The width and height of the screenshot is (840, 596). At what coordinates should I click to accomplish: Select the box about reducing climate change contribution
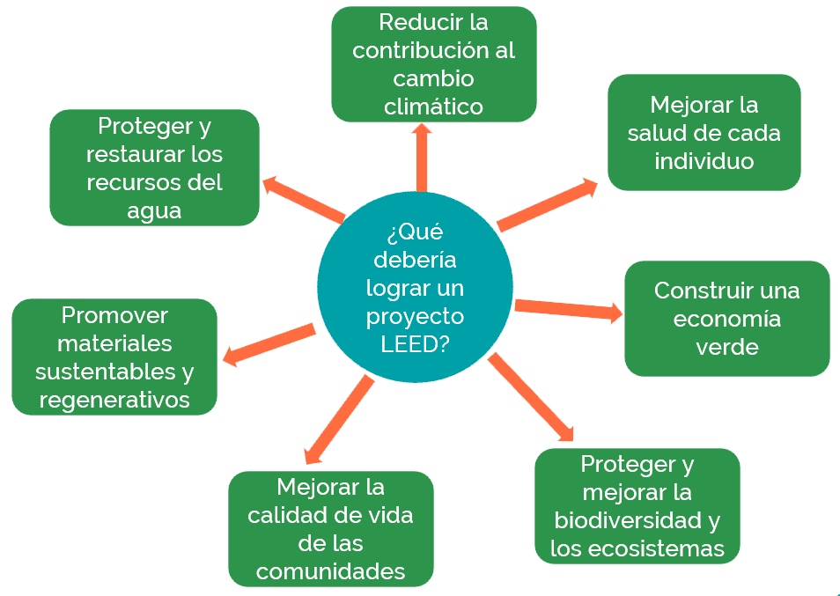point(434,63)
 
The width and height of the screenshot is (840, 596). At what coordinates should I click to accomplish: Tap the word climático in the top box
point(434,107)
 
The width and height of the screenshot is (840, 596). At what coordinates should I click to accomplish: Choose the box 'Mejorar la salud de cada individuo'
point(704,132)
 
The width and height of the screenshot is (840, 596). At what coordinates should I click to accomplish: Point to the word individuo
point(704,162)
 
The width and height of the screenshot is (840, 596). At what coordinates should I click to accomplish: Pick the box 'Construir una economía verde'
point(726,318)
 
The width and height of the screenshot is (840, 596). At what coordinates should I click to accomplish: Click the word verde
point(726,347)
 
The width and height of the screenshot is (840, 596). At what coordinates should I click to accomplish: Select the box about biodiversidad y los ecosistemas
point(637,506)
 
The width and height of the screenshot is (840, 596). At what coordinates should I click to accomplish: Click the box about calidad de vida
point(330,528)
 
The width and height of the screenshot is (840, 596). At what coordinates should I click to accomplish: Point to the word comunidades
point(330,571)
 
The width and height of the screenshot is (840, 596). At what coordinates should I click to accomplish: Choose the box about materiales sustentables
point(114,357)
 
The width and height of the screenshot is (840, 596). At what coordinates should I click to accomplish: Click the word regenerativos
point(114,400)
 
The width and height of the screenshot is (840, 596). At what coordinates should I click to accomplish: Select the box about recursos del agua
point(154,167)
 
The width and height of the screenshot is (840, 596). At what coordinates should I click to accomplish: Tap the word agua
point(154,211)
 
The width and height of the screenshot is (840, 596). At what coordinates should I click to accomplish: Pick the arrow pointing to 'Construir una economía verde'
point(568,309)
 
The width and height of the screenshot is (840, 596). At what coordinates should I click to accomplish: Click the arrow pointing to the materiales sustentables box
point(269,344)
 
